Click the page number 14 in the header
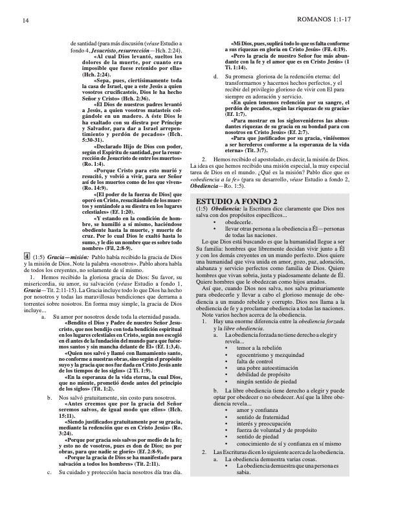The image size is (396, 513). [24, 21]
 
